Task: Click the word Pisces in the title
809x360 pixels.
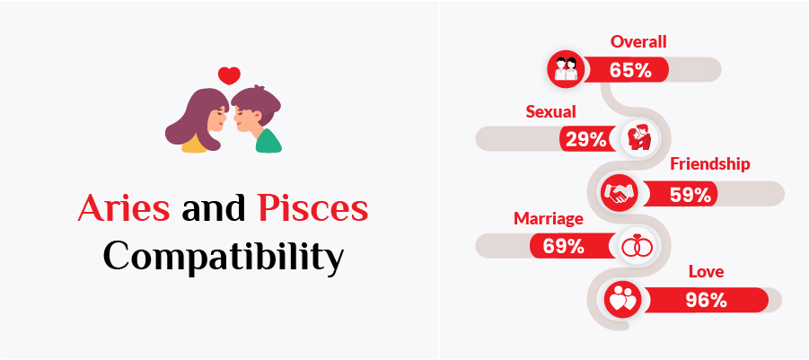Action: point(312,209)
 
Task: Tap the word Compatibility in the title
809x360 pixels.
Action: point(223,255)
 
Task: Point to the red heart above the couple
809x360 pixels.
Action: point(229,75)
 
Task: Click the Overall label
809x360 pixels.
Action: point(638,41)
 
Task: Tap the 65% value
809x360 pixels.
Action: point(629,70)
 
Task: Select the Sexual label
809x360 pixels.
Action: point(550,111)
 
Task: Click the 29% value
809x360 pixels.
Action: point(584,139)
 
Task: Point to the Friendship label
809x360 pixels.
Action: point(709,164)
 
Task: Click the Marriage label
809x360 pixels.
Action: point(549,218)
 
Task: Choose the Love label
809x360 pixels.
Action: point(706,271)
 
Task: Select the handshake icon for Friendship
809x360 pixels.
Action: point(619,193)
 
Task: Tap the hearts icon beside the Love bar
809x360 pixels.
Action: point(620,300)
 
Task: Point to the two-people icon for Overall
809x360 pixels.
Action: point(566,68)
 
